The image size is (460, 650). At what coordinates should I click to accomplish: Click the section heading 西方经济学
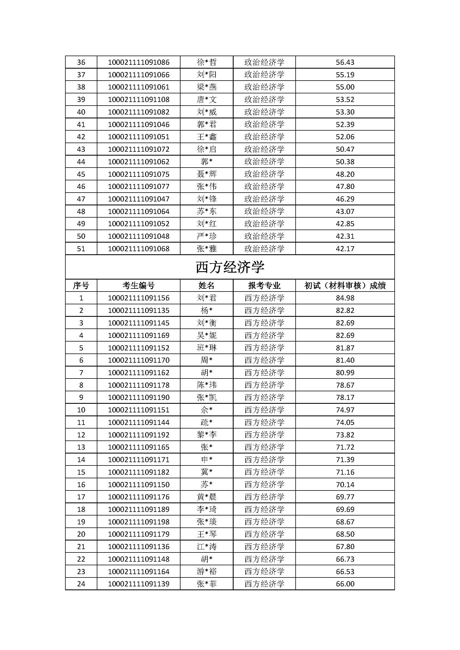[x=230, y=267]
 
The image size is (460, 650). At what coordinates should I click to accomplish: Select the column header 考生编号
[x=139, y=285]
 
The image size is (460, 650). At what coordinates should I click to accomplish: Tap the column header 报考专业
[x=264, y=285]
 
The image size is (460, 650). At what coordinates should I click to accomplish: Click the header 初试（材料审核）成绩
[x=345, y=285]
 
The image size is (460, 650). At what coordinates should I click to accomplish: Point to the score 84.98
[x=345, y=298]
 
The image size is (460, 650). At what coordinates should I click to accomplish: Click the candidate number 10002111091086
[x=139, y=62]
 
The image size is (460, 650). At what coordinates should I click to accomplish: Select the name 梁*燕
[x=206, y=87]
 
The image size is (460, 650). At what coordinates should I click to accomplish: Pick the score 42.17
[x=345, y=248]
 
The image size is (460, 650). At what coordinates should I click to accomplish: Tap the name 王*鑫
[x=206, y=137]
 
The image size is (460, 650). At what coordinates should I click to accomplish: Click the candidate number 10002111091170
[x=139, y=360]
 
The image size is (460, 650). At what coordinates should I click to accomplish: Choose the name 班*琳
[x=206, y=348]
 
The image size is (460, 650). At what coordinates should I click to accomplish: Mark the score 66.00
[x=345, y=584]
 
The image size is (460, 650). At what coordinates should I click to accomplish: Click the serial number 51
[x=81, y=248]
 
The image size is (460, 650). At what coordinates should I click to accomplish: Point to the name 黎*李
[x=206, y=435]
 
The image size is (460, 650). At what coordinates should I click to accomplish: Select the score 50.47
[x=345, y=149]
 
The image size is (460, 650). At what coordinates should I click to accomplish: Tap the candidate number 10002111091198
[x=139, y=521]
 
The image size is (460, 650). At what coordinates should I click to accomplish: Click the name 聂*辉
[x=206, y=174]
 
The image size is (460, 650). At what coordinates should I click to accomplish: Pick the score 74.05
[x=345, y=422]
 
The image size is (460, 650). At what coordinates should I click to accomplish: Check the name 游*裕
[x=206, y=571]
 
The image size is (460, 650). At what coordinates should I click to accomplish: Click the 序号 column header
[x=81, y=285]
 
